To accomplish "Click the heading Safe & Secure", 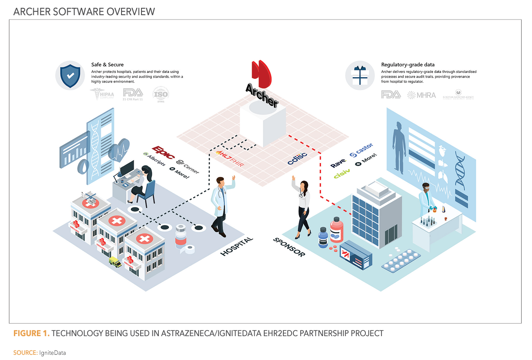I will click(x=107, y=65).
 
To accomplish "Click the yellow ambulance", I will click(x=115, y=262).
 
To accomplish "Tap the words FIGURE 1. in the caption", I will click(x=31, y=334).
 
